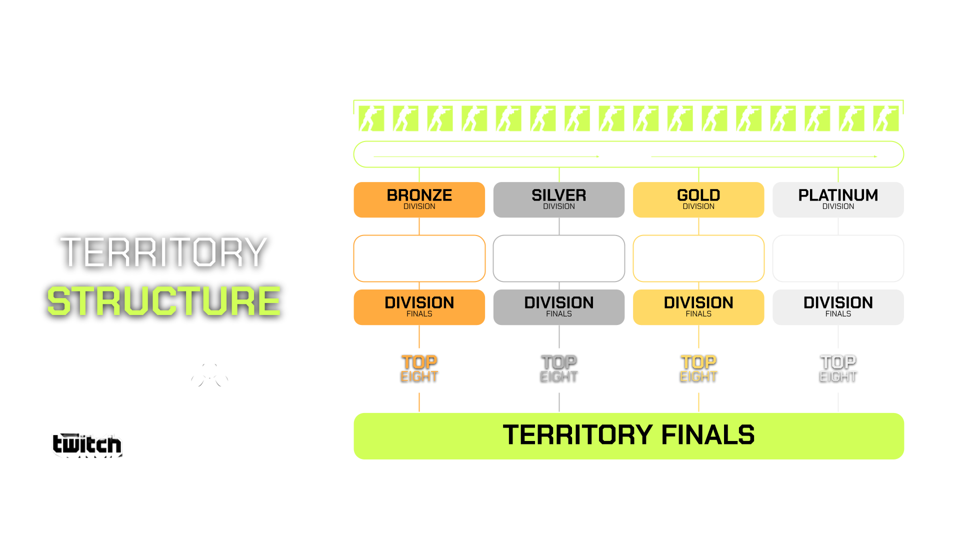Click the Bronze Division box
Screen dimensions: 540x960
pyautogui.click(x=419, y=200)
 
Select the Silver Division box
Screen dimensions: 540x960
pyautogui.click(x=558, y=200)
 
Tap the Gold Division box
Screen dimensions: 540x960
pyautogui.click(x=698, y=200)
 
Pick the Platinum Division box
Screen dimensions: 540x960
pyautogui.click(x=838, y=200)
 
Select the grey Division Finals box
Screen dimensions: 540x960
pyautogui.click(x=558, y=307)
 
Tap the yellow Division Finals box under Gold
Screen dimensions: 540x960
pyautogui.click(x=698, y=307)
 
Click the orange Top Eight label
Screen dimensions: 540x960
pyautogui.click(x=419, y=368)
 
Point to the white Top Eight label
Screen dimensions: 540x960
pyautogui.click(x=838, y=368)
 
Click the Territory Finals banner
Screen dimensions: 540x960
pyautogui.click(x=628, y=435)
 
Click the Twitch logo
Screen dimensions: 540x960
pyautogui.click(x=87, y=444)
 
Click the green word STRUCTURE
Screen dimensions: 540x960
pyautogui.click(x=164, y=301)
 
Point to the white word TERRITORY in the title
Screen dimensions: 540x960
pyautogui.click(x=164, y=252)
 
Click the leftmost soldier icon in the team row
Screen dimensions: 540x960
pyautogui.click(x=371, y=118)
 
